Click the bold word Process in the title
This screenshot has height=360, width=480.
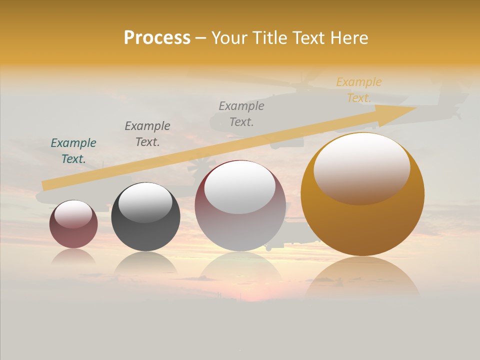(x=157, y=38)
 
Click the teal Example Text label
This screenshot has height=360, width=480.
(x=73, y=150)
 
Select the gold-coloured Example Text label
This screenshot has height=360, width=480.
(x=358, y=89)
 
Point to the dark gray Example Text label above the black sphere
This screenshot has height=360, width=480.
(x=147, y=133)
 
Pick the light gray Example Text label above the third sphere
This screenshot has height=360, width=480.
(x=241, y=113)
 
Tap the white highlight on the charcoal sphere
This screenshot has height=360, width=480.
(x=145, y=201)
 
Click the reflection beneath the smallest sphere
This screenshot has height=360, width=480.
(x=73, y=256)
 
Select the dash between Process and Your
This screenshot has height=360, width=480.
(x=200, y=38)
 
